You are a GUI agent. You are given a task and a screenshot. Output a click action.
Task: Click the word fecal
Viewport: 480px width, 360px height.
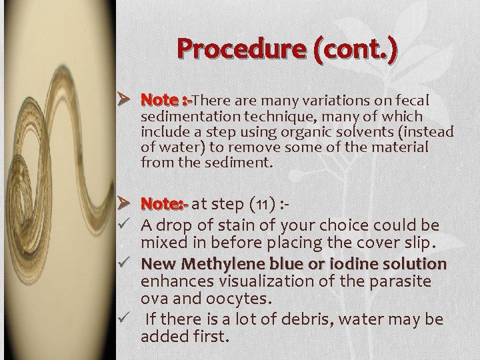click(413, 100)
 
